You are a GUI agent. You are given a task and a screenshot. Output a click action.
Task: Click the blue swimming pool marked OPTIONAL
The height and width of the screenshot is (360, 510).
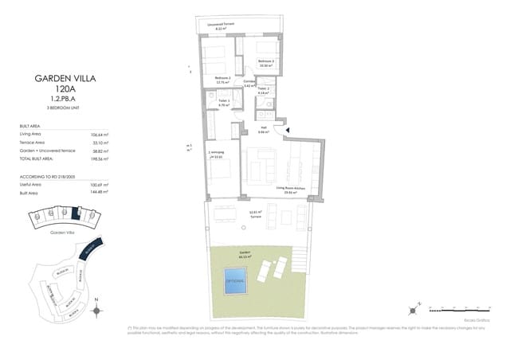(x=234, y=280)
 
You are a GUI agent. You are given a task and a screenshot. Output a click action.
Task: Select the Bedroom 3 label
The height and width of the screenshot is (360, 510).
(x=222, y=79)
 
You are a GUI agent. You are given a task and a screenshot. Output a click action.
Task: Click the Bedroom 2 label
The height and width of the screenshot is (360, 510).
(x=265, y=62)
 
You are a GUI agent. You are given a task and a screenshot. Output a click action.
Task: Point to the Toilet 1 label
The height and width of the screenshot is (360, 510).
(x=224, y=101)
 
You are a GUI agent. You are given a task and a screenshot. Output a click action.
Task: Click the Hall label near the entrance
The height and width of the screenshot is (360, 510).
(x=264, y=129)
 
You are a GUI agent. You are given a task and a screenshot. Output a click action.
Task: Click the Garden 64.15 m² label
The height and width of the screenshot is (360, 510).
(x=245, y=253)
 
